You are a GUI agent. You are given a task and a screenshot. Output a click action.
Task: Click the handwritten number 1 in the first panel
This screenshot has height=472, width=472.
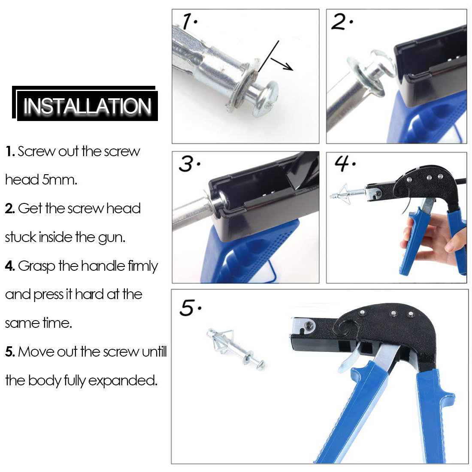188,21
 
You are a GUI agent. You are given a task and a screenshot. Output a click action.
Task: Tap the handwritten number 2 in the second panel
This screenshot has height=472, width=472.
339,21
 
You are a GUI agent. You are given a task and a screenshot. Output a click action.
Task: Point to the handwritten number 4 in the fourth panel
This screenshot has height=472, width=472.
342,163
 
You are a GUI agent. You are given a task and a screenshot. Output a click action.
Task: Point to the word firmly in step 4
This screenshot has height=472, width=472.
143,266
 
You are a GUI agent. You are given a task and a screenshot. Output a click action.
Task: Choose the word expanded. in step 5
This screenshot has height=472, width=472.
123,381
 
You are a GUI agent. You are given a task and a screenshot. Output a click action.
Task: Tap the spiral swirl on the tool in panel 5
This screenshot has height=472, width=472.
346,328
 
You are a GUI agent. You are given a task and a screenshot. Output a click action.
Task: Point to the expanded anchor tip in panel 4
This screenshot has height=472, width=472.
343,194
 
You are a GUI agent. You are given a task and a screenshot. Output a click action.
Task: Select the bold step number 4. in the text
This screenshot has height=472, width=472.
10,266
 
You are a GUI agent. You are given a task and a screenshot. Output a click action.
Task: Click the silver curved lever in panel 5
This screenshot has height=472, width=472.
349,358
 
